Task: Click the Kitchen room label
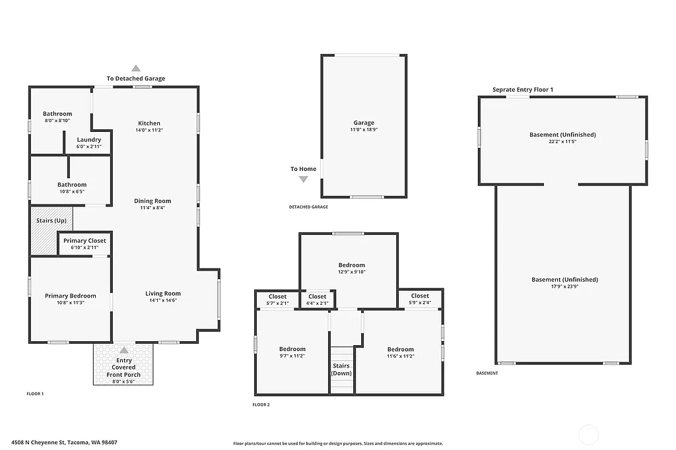[149, 123]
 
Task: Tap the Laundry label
[89, 140]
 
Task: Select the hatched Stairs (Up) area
[51, 230]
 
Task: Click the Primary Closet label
[84, 241]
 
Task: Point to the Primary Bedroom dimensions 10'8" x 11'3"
[71, 302]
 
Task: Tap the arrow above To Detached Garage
[136, 68]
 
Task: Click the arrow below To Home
[304, 179]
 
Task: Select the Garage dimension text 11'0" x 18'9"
[364, 130]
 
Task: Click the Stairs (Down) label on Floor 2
[341, 370]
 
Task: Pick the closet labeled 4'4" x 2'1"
[318, 300]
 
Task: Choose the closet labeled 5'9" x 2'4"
[420, 299]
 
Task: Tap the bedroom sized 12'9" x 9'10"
[352, 269]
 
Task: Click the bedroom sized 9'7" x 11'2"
[292, 352]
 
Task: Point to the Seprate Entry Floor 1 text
[523, 89]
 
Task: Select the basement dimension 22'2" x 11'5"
[562, 141]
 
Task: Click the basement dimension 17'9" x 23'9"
[564, 286]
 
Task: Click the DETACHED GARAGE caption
[308, 207]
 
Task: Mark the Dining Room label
[152, 201]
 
